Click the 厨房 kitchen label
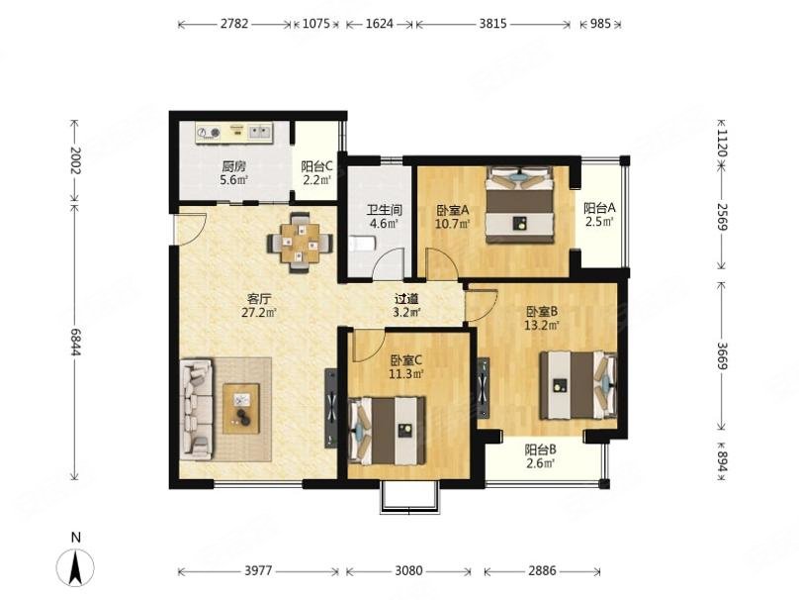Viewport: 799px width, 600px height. (x=233, y=166)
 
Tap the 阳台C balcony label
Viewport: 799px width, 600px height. (x=317, y=166)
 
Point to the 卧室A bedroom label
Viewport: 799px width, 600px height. (x=452, y=210)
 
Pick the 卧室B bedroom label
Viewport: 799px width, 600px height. (x=543, y=310)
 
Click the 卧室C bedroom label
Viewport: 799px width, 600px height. (x=405, y=360)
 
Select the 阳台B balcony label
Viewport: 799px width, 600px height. (x=540, y=449)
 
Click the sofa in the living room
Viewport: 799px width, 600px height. (x=195, y=409)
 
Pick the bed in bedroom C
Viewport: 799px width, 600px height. (x=388, y=430)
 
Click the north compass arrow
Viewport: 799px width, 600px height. (x=75, y=566)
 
